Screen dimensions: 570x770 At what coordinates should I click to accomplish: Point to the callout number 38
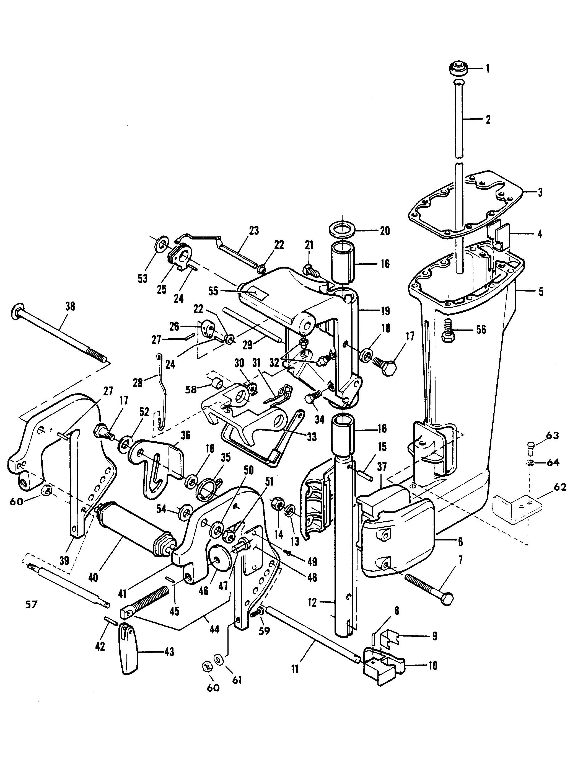pos(70,307)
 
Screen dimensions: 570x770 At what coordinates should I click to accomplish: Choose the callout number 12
pos(312,602)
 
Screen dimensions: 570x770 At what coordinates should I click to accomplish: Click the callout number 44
pos(214,629)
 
